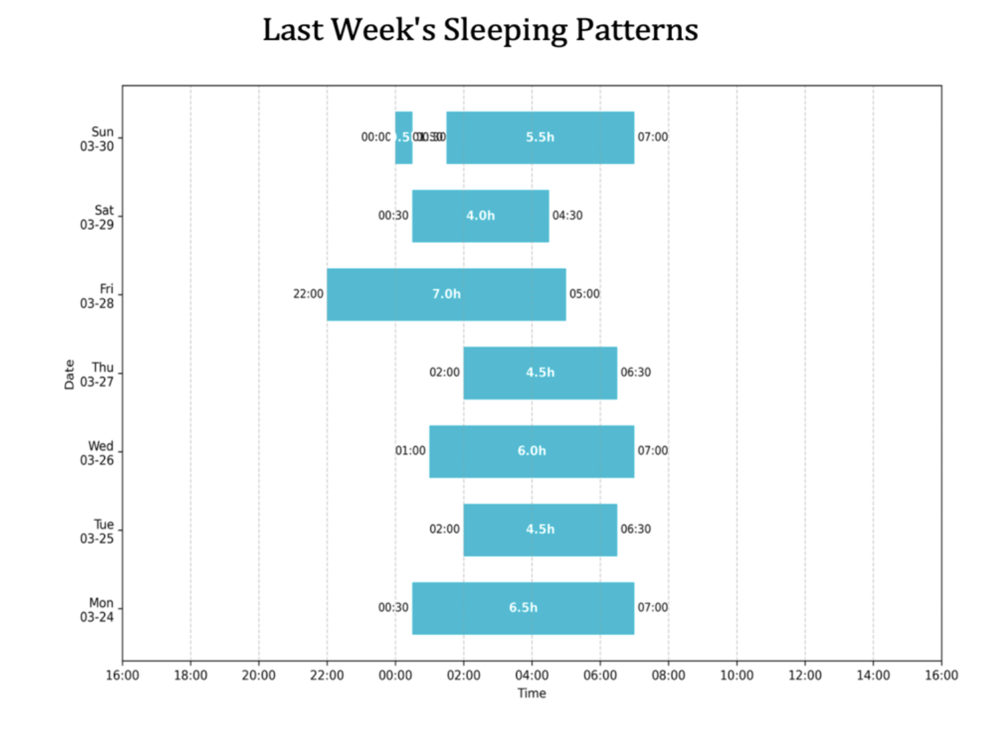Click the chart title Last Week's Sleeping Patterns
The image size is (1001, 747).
[480, 30]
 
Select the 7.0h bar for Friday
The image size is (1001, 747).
[446, 294]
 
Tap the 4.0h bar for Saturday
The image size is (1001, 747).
[480, 216]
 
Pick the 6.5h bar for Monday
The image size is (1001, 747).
[523, 608]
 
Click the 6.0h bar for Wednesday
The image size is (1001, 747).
[531, 451]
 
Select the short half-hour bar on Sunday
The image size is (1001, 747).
[403, 137]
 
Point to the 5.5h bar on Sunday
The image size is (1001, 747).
[540, 137]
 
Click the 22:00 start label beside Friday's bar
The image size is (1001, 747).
[308, 294]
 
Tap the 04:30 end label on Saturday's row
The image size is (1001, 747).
[567, 216]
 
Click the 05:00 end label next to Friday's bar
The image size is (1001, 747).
[584, 294]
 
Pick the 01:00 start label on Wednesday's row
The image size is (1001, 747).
[410, 451]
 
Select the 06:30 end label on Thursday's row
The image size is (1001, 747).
[635, 372]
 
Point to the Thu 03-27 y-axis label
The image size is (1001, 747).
[97, 375]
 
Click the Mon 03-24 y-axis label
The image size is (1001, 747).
[97, 610]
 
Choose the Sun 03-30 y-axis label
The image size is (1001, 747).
[97, 139]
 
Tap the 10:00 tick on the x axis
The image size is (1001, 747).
[737, 675]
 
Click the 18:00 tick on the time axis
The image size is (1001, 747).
[191, 675]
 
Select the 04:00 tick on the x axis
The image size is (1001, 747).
[532, 675]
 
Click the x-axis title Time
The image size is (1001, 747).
[532, 694]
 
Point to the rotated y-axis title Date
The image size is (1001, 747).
[69, 374]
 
